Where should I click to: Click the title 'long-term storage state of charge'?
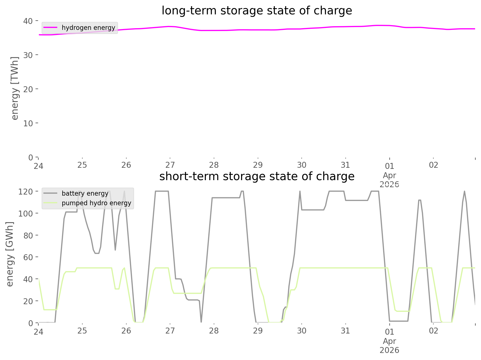[257, 11]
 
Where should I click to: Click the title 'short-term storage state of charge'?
[257, 176]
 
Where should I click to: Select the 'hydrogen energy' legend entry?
[88, 28]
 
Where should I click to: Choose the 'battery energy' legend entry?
[85, 193]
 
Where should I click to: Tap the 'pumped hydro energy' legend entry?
[96, 203]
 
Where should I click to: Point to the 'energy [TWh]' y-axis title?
[15, 89]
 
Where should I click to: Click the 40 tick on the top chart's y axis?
[28, 21]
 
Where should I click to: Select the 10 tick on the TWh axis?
[28, 123]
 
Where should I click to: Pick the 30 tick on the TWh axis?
[28, 55]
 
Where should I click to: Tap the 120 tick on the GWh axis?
[26, 192]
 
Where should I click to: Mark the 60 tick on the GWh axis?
[28, 257]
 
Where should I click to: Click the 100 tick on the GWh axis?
[26, 213]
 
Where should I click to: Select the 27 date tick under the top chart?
[170, 165]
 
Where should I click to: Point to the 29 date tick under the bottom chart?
[258, 331]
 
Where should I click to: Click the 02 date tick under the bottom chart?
[433, 331]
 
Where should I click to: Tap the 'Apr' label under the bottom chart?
[389, 341]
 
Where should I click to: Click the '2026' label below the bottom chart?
[389, 350]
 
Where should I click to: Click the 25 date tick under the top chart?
[82, 165]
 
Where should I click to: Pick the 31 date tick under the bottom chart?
[345, 331]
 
